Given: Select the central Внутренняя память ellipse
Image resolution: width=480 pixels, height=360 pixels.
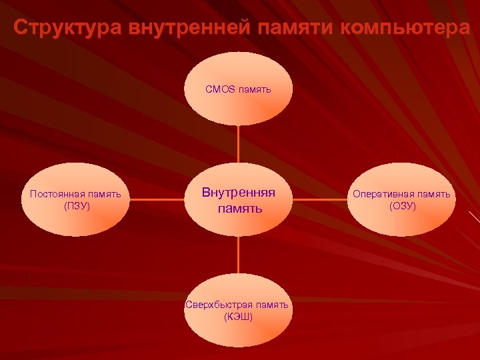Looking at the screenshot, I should (238, 200).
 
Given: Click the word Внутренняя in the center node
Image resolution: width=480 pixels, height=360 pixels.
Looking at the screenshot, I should (239, 193).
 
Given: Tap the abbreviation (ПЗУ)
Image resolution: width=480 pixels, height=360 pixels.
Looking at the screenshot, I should (76, 206).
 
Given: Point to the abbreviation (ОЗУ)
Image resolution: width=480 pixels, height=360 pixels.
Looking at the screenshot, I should (402, 206).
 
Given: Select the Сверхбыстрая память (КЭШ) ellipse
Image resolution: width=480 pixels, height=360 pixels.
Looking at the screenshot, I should (238, 310).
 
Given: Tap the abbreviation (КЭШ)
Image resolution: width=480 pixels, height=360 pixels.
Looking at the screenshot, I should (239, 316).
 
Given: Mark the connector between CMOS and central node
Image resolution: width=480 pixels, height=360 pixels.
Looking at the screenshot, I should (238, 144).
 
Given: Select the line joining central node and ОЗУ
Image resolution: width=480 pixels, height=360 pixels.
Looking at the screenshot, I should (320, 199).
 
